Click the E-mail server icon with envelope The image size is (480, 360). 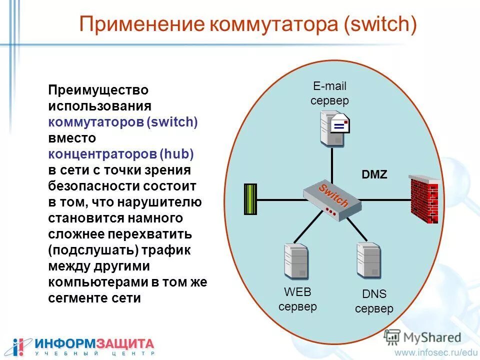coord(334,127)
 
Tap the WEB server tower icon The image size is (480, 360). coord(295,260)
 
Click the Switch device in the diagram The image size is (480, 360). coord(332,199)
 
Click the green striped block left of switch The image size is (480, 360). coord(250,199)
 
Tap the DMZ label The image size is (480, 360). coord(374,174)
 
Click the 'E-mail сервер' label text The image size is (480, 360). coord(329,93)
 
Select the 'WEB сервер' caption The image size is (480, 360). coord(297,299)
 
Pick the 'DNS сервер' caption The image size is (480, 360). coord(374,301)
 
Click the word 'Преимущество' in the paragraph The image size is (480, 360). coord(98,90)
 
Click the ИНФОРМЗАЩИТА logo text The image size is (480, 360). coord(94,343)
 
